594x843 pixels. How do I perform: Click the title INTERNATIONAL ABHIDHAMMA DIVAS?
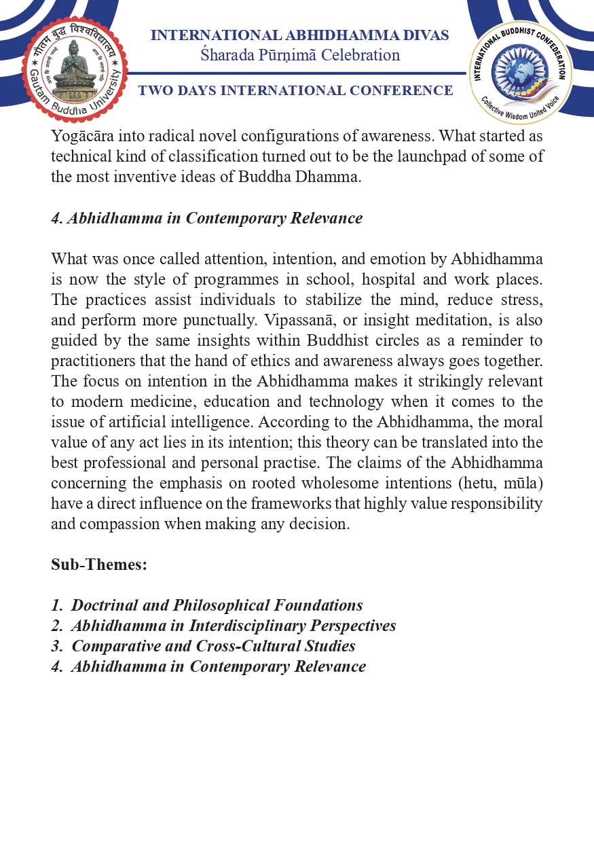299,35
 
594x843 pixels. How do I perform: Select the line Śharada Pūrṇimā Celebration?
299,55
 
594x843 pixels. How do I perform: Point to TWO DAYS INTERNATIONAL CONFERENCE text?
295,90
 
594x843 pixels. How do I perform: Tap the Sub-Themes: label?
99,564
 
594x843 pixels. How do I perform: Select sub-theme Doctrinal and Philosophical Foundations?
217,605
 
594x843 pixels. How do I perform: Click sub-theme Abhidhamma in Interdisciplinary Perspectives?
233,626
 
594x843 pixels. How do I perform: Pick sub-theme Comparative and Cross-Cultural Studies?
213,646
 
